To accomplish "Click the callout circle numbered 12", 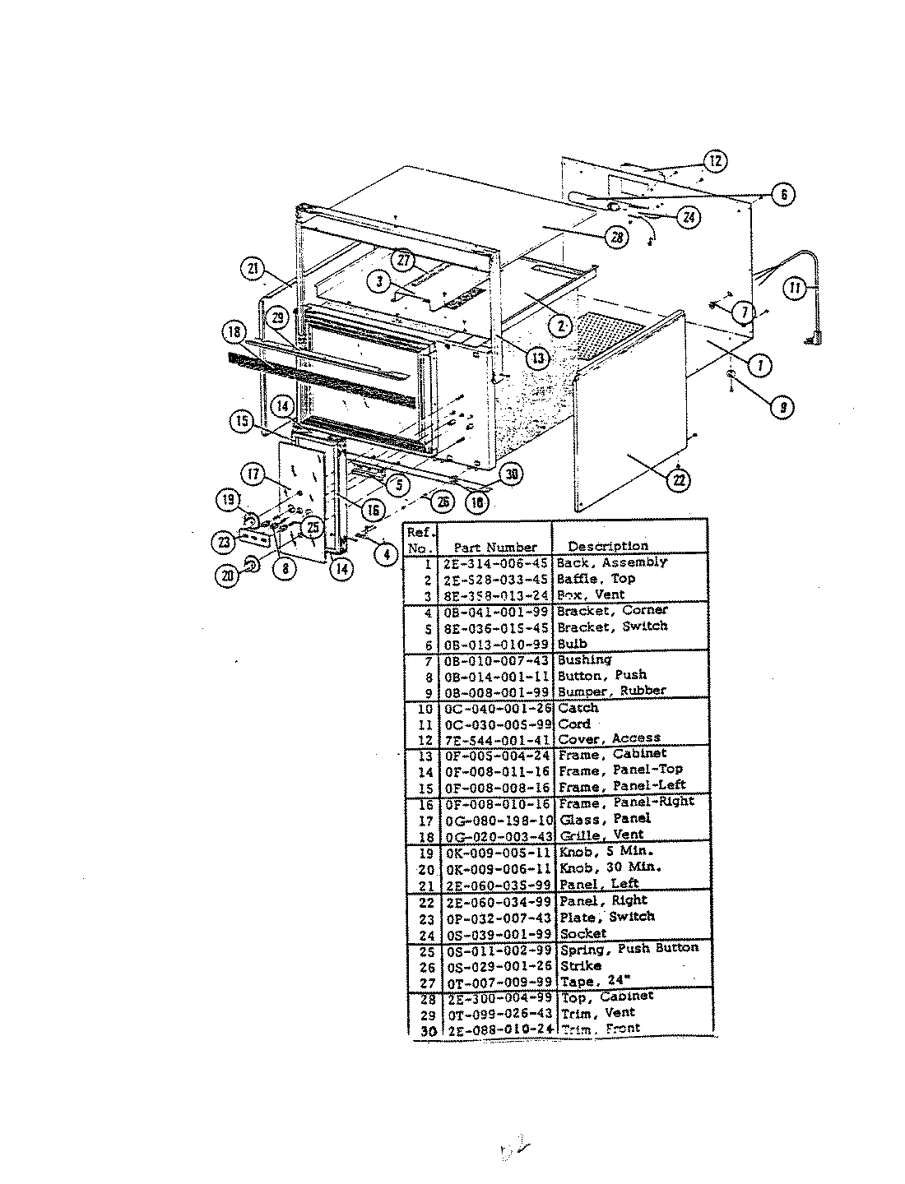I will (716, 161).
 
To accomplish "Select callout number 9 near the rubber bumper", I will (782, 405).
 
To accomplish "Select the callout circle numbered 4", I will (385, 554).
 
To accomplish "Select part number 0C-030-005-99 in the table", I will (497, 724).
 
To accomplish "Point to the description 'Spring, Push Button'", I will (629, 948).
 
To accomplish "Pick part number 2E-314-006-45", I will (497, 563).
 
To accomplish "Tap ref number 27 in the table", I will (425, 982).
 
